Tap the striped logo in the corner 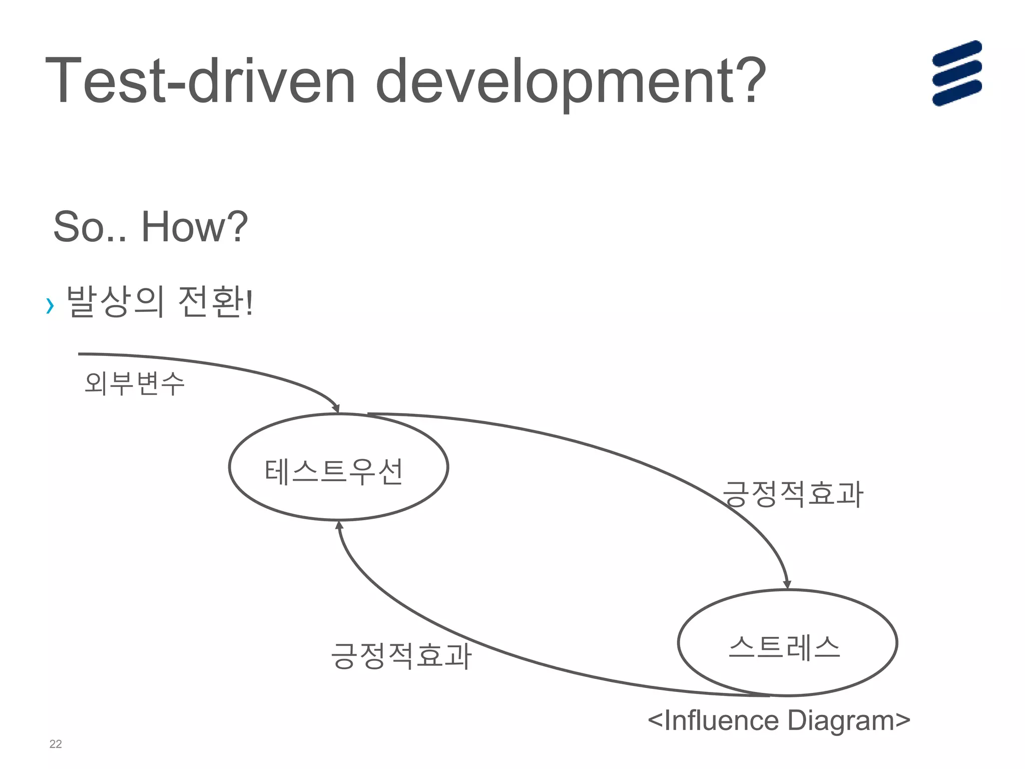pyautogui.click(x=956, y=73)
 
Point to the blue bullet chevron pyautogui.click(x=50, y=305)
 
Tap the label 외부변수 pyautogui.click(x=135, y=383)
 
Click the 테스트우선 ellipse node pyautogui.click(x=338, y=467)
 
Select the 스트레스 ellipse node pyautogui.click(x=787, y=643)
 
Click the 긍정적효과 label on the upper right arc pyautogui.click(x=793, y=494)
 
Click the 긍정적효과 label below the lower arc pyautogui.click(x=401, y=656)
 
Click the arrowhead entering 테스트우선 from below pyautogui.click(x=339, y=525)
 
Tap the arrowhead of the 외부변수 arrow pyautogui.click(x=336, y=409)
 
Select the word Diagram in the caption pyautogui.click(x=841, y=721)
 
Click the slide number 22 pyautogui.click(x=56, y=744)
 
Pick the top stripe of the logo pyautogui.click(x=956, y=53)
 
